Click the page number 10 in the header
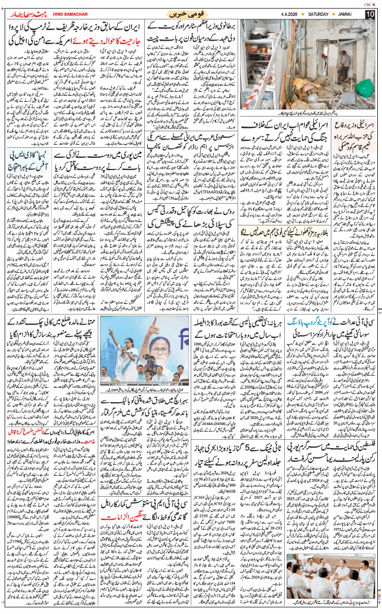pos(370,14)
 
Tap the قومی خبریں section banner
pos(190,14)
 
